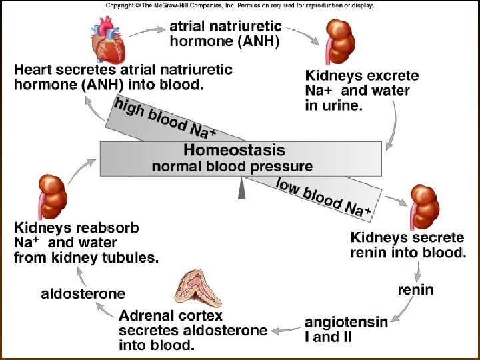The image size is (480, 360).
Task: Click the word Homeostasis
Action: pyautogui.click(x=234, y=151)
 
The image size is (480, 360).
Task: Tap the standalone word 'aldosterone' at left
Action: pyautogui.click(x=83, y=293)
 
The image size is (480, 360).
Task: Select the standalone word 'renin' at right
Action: pyautogui.click(x=415, y=289)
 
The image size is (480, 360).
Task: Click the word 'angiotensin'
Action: pyautogui.click(x=347, y=323)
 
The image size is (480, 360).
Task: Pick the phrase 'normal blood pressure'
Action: pyautogui.click(x=232, y=166)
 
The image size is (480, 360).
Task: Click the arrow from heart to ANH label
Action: pyautogui.click(x=153, y=29)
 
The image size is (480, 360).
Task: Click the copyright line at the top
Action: pyautogui.click(x=239, y=5)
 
